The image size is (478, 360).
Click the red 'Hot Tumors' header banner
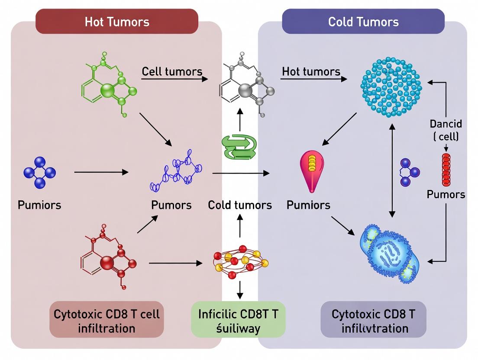116,22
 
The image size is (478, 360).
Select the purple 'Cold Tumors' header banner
363,22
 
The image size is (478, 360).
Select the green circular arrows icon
239,147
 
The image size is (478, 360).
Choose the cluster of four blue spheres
39,173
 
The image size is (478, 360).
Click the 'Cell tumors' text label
172,71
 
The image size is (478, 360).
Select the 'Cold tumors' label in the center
240,205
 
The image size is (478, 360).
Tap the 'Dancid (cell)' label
446,130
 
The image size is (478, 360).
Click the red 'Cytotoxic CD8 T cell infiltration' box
107,320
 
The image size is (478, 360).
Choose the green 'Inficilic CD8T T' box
238,320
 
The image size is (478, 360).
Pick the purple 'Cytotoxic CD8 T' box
373,320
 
